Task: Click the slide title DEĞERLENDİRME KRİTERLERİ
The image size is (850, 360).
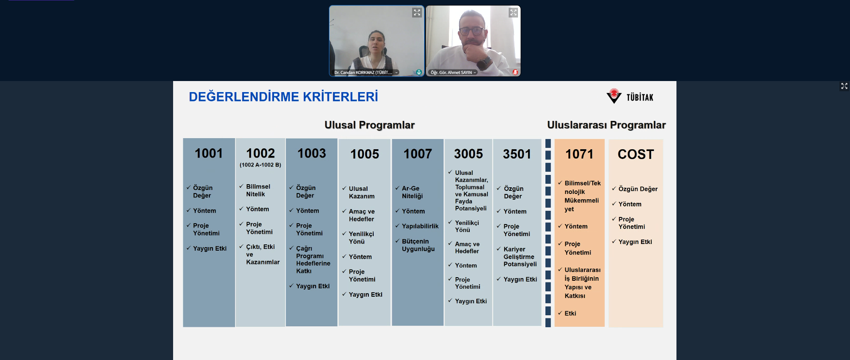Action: pos(283,97)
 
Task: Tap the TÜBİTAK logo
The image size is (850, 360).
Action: pos(630,96)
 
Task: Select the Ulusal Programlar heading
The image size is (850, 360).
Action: pos(370,125)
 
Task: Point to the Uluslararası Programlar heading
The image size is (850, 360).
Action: pos(607,125)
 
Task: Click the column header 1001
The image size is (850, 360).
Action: pos(209,153)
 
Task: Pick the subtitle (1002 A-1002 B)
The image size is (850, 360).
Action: pos(260,165)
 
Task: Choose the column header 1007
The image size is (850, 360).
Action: pos(417,154)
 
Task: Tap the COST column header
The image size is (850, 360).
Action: pos(636,154)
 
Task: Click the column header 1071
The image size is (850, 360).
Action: pos(580,154)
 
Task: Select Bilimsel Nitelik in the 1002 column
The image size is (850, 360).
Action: pos(258,190)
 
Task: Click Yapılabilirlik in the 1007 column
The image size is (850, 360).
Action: pos(420,226)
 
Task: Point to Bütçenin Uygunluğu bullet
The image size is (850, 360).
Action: pos(418,245)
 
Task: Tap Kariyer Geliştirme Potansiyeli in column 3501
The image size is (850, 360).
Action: pos(520,257)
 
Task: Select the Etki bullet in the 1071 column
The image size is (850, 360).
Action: pos(570,314)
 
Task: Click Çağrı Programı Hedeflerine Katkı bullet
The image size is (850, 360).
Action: pos(313,260)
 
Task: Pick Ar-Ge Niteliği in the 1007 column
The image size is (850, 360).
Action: pos(412,192)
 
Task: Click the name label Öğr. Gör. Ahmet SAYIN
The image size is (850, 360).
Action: pos(452,73)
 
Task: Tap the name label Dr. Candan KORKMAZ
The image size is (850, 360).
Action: pos(363,73)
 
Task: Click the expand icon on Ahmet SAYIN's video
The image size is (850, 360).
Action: pos(513,12)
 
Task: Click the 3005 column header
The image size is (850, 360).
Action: pos(468,154)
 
